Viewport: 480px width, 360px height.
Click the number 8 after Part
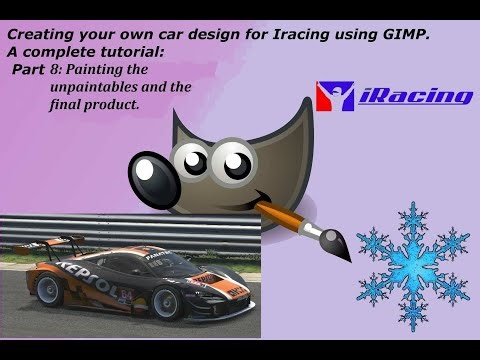coord(57,70)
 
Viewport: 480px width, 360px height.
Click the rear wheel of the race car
coord(50,304)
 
